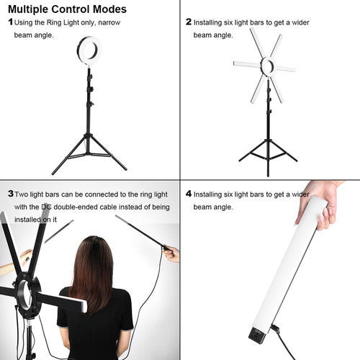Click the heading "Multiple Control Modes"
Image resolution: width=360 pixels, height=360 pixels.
67,9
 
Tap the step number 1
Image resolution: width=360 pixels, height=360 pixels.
10,22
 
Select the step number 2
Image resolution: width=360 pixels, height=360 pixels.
189,22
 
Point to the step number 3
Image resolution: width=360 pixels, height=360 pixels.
11,194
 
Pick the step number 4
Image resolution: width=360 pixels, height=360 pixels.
189,194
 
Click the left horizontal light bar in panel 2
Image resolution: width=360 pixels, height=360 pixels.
247,64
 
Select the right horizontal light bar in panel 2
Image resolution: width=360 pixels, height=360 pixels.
285,69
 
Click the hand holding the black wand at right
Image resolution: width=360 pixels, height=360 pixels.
171,254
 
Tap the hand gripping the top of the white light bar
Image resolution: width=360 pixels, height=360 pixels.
322,204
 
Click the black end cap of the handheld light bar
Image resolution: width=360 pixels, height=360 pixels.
257,334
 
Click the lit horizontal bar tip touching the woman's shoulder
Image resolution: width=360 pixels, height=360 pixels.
84,307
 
